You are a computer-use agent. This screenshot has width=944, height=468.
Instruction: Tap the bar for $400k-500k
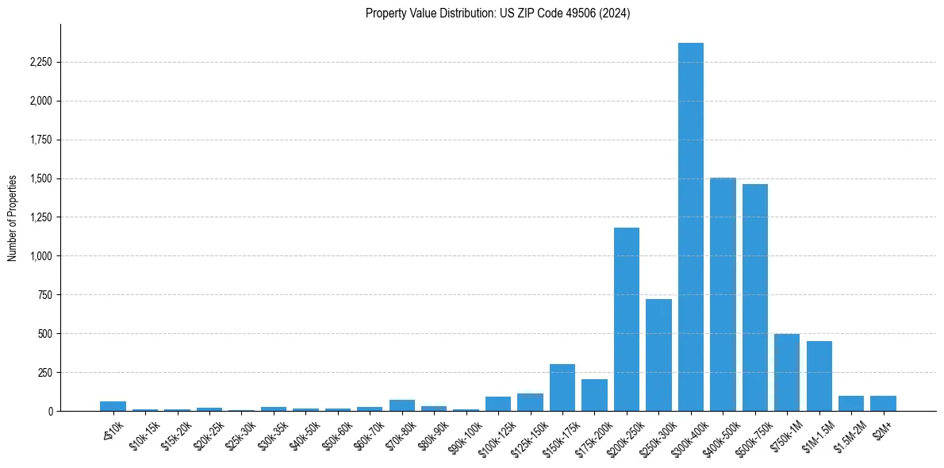point(723,294)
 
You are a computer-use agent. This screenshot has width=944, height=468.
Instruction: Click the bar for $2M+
point(883,403)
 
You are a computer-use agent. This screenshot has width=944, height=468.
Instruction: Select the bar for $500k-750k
point(754,297)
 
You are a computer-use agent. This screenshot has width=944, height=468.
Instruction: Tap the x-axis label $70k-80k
point(399,432)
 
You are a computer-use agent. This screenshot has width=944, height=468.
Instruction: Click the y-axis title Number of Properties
point(13,217)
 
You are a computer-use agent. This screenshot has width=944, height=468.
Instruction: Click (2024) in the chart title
point(616,13)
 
